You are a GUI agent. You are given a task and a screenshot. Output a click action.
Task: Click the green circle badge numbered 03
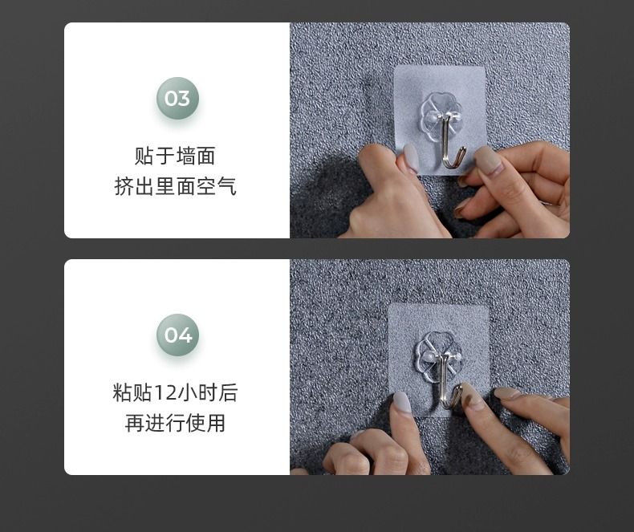(177, 98)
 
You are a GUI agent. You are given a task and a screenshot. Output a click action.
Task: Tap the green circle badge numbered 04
(177, 335)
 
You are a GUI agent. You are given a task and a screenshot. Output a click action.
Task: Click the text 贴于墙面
(175, 156)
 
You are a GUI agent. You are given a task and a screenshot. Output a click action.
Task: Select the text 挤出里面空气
(175, 186)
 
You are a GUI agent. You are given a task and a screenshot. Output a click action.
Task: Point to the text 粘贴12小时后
(175, 392)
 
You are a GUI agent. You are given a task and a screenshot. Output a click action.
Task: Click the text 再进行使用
(175, 423)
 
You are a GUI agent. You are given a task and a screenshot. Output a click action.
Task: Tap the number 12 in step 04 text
(165, 393)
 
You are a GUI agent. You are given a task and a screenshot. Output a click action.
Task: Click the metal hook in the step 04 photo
(449, 381)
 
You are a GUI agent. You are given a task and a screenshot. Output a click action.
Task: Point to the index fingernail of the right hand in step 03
(488, 159)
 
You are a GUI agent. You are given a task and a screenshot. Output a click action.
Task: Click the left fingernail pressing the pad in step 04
(402, 402)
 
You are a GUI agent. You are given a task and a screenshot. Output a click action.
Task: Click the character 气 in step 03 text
(226, 186)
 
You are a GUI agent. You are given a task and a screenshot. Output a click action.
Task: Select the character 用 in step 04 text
(216, 423)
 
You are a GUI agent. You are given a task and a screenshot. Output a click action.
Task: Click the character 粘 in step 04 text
(123, 392)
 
